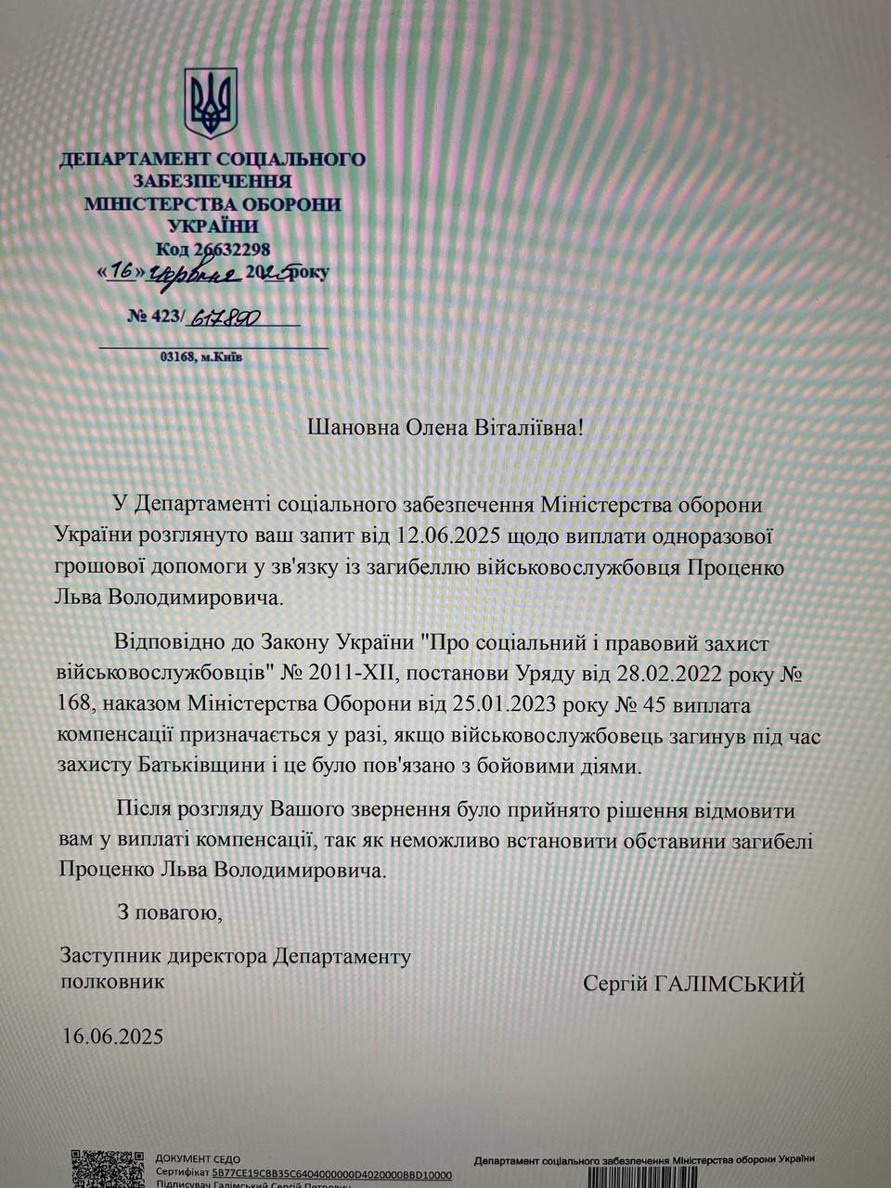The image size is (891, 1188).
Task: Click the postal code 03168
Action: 175,356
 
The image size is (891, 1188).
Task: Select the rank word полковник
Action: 112,981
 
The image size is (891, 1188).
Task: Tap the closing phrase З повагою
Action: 170,911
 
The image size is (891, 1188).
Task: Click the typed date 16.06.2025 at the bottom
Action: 112,1036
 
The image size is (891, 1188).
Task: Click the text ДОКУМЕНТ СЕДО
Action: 198,1159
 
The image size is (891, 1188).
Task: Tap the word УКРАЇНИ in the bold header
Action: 213,226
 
